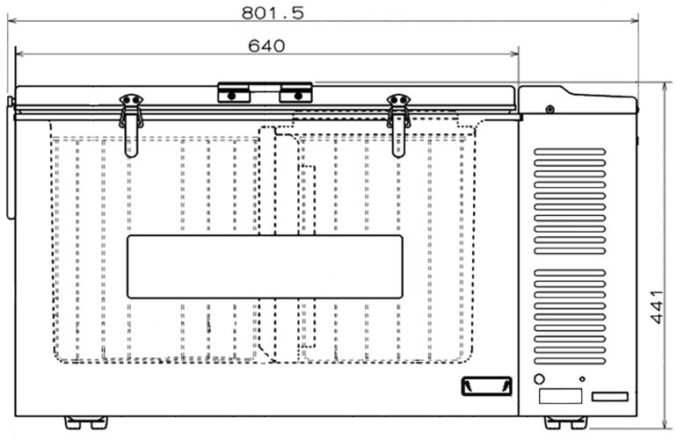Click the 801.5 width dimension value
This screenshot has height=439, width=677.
coord(273,12)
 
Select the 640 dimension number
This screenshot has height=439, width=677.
coord(266,46)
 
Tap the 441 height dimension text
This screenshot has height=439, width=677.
coord(656,307)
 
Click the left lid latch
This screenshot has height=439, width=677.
coord(131,126)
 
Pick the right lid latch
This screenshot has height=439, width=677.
coord(398,126)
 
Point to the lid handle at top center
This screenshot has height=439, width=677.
coord(266,92)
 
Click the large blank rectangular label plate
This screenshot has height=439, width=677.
coord(266,267)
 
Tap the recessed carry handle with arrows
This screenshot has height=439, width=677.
coord(486,386)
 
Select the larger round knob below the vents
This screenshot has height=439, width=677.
coord(539,379)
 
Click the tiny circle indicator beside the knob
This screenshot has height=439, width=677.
coord(582,379)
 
